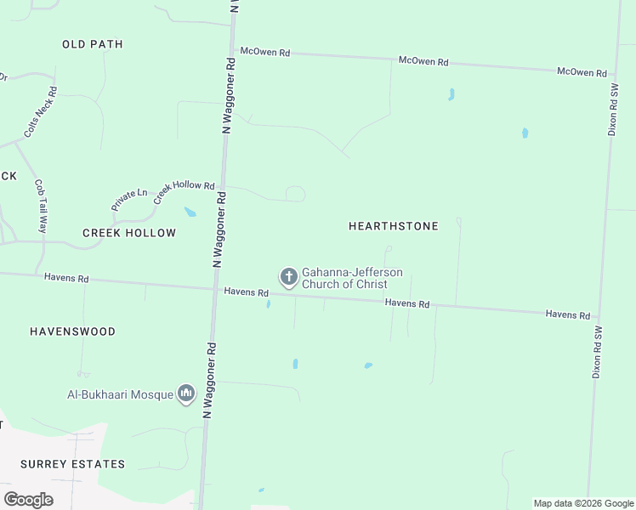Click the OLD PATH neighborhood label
[x=93, y=44]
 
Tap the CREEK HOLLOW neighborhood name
[x=129, y=233]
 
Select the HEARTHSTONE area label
[x=394, y=226]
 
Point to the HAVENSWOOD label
[x=72, y=331]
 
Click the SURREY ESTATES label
[x=73, y=464]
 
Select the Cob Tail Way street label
[x=40, y=206]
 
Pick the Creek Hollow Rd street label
[x=184, y=185]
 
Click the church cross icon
[x=289, y=277]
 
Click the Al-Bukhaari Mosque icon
[x=186, y=394]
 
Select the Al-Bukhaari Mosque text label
[x=120, y=394]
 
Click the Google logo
[x=28, y=500]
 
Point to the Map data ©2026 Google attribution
[x=584, y=503]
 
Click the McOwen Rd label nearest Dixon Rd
[x=582, y=73]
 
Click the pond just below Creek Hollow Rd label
[x=190, y=212]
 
